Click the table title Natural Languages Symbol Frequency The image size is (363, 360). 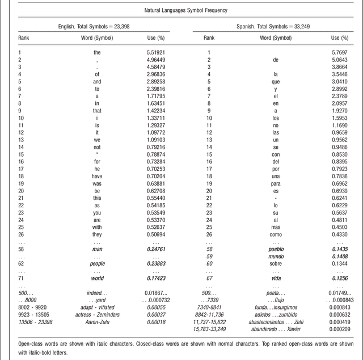181,10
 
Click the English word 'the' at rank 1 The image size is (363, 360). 98,52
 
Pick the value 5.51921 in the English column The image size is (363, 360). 156,52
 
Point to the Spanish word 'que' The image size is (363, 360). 276,81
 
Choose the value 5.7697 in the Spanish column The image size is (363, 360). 339,52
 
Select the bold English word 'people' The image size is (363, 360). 98,263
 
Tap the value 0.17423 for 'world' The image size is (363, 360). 156,279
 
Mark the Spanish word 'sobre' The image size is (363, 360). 276,263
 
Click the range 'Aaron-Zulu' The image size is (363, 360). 98,321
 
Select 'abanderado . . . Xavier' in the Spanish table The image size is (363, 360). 276,329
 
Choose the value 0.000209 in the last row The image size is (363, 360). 337,329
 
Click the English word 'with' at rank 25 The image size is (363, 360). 98,227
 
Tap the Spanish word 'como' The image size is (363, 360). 276,235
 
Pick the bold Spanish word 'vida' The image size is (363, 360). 276,279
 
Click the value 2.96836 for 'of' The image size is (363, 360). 156,74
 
